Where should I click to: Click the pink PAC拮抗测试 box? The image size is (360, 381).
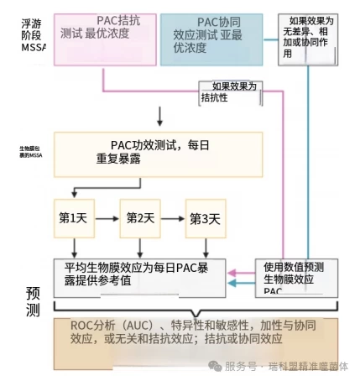pyautogui.click(x=103, y=39)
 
